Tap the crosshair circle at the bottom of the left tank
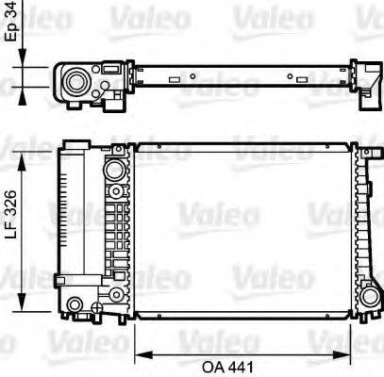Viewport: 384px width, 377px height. pos(98,305)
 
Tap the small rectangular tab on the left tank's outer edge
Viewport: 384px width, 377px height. pos(59,280)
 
